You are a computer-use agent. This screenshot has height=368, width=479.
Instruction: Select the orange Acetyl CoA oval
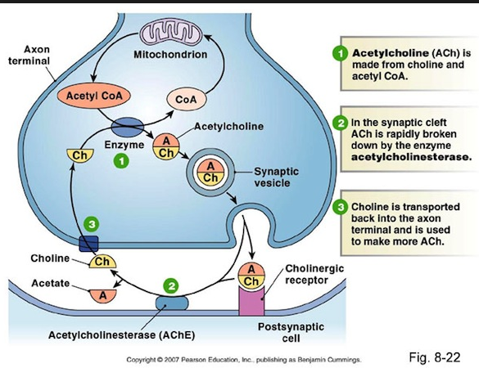pyautogui.click(x=86, y=94)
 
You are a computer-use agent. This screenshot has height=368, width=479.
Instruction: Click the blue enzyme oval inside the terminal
pyautogui.click(x=128, y=128)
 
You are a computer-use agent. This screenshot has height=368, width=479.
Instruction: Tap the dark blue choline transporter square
pyautogui.click(x=88, y=243)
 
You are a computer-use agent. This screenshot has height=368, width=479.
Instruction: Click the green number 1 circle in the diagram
pyautogui.click(x=120, y=163)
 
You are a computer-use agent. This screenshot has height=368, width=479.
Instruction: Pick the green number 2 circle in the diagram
pyautogui.click(x=171, y=285)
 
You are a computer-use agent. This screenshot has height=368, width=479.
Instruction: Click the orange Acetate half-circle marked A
pyautogui.click(x=103, y=292)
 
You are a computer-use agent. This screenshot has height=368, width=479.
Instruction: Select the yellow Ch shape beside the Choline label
pyautogui.click(x=103, y=262)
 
